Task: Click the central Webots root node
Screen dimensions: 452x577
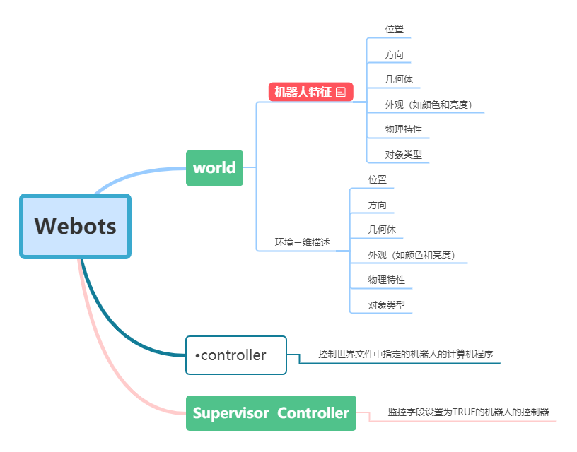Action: click(x=76, y=226)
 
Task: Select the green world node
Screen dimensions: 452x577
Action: click(x=214, y=168)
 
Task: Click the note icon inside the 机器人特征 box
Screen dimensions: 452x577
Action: click(x=341, y=92)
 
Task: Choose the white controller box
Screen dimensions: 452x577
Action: click(x=235, y=355)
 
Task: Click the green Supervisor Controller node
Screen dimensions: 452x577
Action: click(x=271, y=413)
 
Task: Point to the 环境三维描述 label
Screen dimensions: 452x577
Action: click(x=302, y=242)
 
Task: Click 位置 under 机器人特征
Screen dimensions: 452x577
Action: click(x=394, y=29)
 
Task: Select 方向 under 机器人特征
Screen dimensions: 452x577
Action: click(x=394, y=54)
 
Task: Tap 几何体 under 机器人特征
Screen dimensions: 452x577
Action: click(x=399, y=79)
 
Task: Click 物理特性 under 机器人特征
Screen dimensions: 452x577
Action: click(x=403, y=129)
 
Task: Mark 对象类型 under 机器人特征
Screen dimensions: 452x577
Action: click(x=403, y=155)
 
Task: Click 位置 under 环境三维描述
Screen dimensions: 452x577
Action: click(x=377, y=179)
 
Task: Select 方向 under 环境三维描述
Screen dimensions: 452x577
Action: click(x=377, y=205)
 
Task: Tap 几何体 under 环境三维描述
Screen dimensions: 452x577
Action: click(x=382, y=230)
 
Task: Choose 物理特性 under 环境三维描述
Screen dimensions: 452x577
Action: click(x=386, y=280)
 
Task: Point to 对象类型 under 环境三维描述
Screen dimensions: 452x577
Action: click(x=386, y=305)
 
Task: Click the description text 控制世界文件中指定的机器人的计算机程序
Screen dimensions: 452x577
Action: click(x=405, y=354)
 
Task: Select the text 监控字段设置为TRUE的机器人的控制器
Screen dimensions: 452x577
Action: click(x=468, y=412)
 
